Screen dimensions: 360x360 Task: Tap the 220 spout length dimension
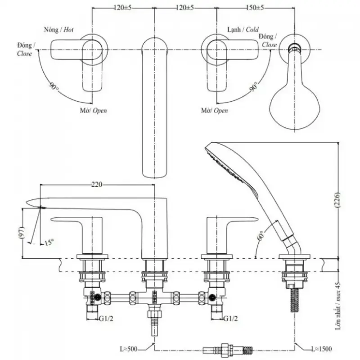tap(97, 184)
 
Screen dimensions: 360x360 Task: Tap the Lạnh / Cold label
tap(243, 30)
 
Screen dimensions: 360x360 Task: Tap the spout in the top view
tap(154, 108)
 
